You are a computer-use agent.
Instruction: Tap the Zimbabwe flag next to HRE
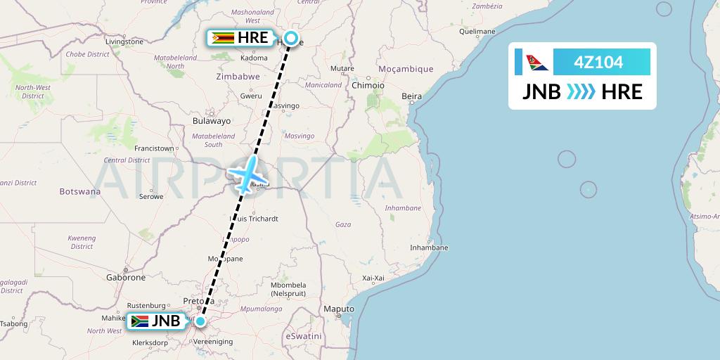point(222,38)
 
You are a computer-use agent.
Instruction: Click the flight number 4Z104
point(598,62)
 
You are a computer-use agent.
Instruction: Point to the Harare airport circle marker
point(290,39)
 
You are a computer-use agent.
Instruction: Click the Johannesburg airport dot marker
point(201,322)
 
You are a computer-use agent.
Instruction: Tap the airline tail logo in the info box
point(533,62)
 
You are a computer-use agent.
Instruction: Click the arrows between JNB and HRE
point(581,92)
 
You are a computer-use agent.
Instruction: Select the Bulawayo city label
point(212,121)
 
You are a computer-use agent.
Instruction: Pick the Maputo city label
point(338,309)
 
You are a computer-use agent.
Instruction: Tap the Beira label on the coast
point(411,96)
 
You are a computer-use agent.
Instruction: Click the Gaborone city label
point(125,278)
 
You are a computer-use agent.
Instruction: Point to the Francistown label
point(154,148)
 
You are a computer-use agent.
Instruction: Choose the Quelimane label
point(477,32)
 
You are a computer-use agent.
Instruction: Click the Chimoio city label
point(368,85)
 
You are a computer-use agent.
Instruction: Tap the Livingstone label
point(124,42)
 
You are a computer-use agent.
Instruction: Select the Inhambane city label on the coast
point(429,247)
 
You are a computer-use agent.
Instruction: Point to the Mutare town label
point(342,68)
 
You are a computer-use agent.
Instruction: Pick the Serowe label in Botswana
point(150,196)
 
